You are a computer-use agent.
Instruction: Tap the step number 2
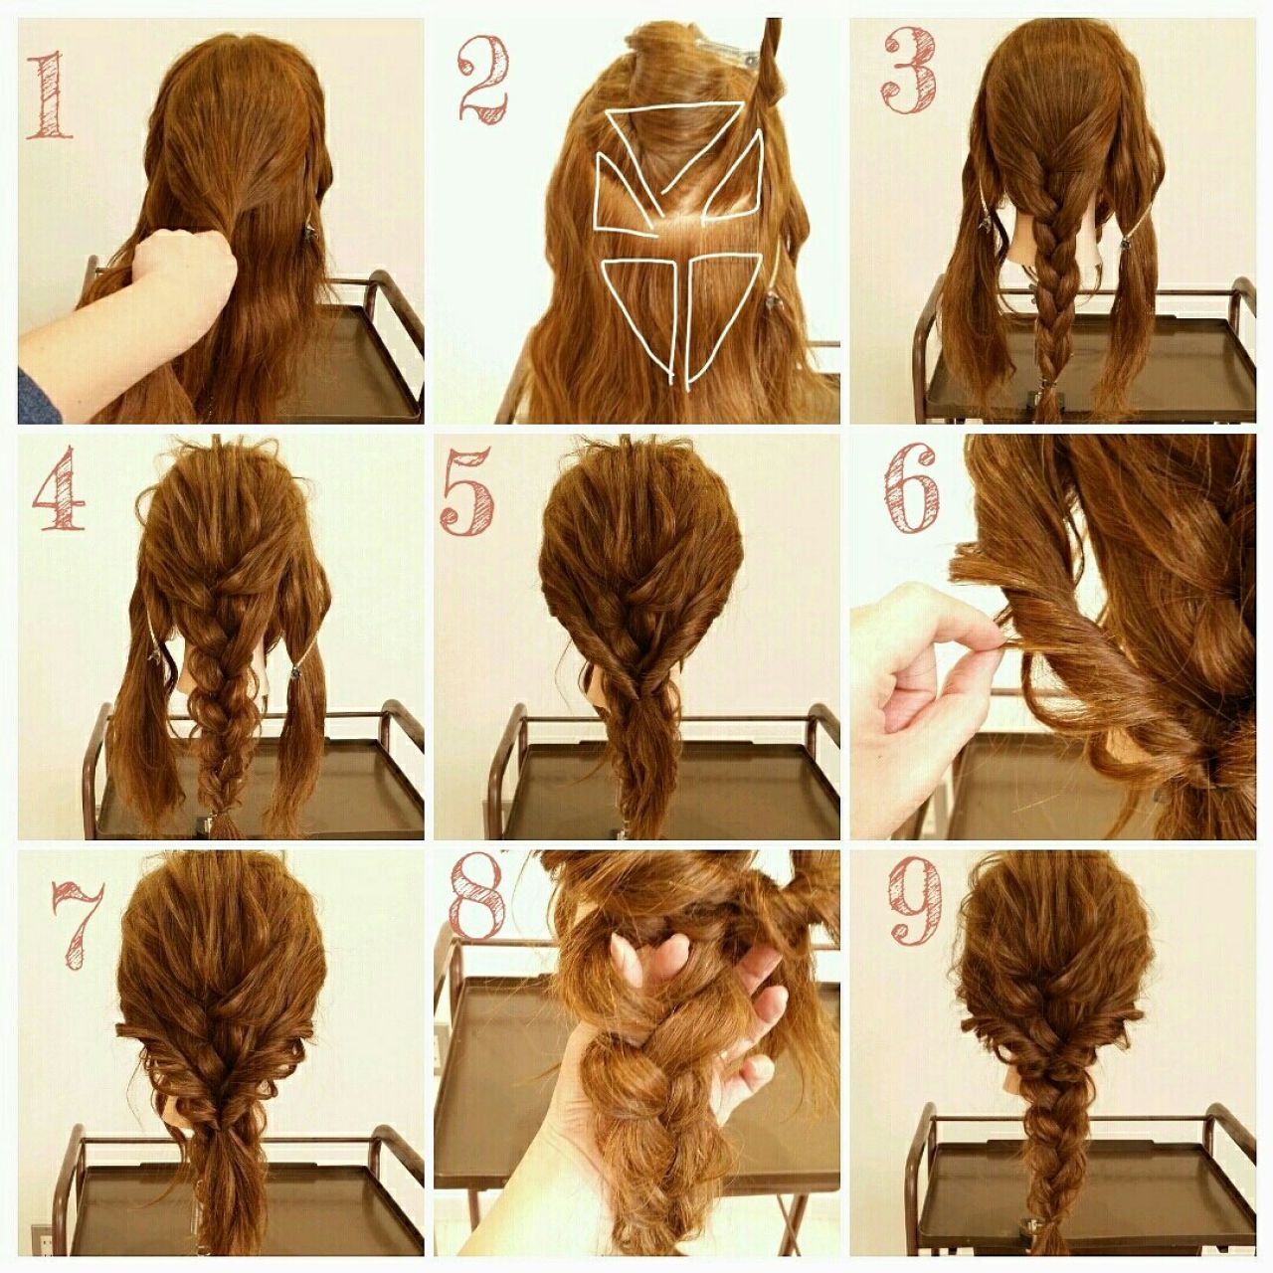pyautogui.click(x=483, y=78)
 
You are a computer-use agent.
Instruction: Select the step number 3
pyautogui.click(x=911, y=71)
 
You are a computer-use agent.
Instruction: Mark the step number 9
pyautogui.click(x=916, y=902)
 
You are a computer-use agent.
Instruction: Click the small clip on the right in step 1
pyautogui.click(x=309, y=233)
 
